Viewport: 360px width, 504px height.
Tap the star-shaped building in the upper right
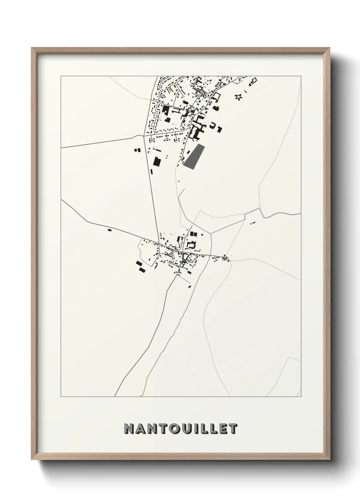click(239, 97)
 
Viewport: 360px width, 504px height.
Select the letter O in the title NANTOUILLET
click(171, 429)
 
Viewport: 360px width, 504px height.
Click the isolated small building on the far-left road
click(110, 230)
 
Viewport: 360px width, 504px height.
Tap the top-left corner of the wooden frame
click(32, 48)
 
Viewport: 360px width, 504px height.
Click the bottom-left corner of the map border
click(61, 397)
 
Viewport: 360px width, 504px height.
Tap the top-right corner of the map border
click(301, 76)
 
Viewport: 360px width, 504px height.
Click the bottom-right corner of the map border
click(301, 397)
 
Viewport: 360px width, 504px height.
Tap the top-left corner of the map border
click(61, 76)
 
